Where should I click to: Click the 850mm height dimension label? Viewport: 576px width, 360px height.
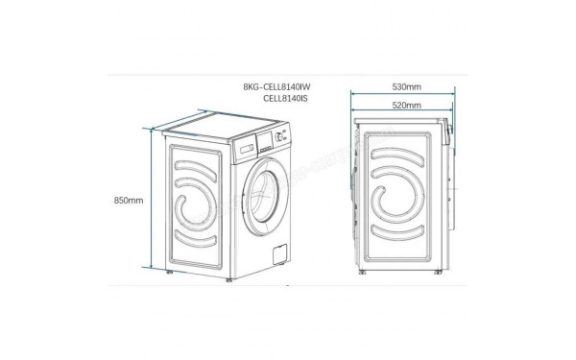tap(128, 201)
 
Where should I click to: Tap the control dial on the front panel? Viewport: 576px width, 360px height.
tap(279, 137)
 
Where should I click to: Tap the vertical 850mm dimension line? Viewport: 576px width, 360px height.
tap(153, 202)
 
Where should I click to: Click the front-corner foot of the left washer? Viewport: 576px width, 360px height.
tap(228, 281)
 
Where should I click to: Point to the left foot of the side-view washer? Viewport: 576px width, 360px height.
tap(363, 276)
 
